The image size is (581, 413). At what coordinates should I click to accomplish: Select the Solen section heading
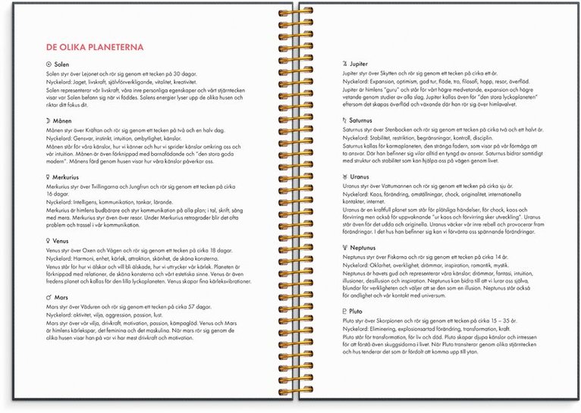62,65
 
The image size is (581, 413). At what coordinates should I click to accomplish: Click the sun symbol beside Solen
49,65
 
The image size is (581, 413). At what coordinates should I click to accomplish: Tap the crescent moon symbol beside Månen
49,121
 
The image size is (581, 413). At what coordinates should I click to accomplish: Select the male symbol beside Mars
49,298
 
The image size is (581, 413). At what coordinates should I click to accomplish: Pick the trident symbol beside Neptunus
345,247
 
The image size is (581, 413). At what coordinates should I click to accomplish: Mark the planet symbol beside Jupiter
345,65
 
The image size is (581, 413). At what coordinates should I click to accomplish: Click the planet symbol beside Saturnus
345,120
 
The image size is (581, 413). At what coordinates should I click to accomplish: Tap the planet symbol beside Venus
49,241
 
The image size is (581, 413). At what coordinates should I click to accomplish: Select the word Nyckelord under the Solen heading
58,83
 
